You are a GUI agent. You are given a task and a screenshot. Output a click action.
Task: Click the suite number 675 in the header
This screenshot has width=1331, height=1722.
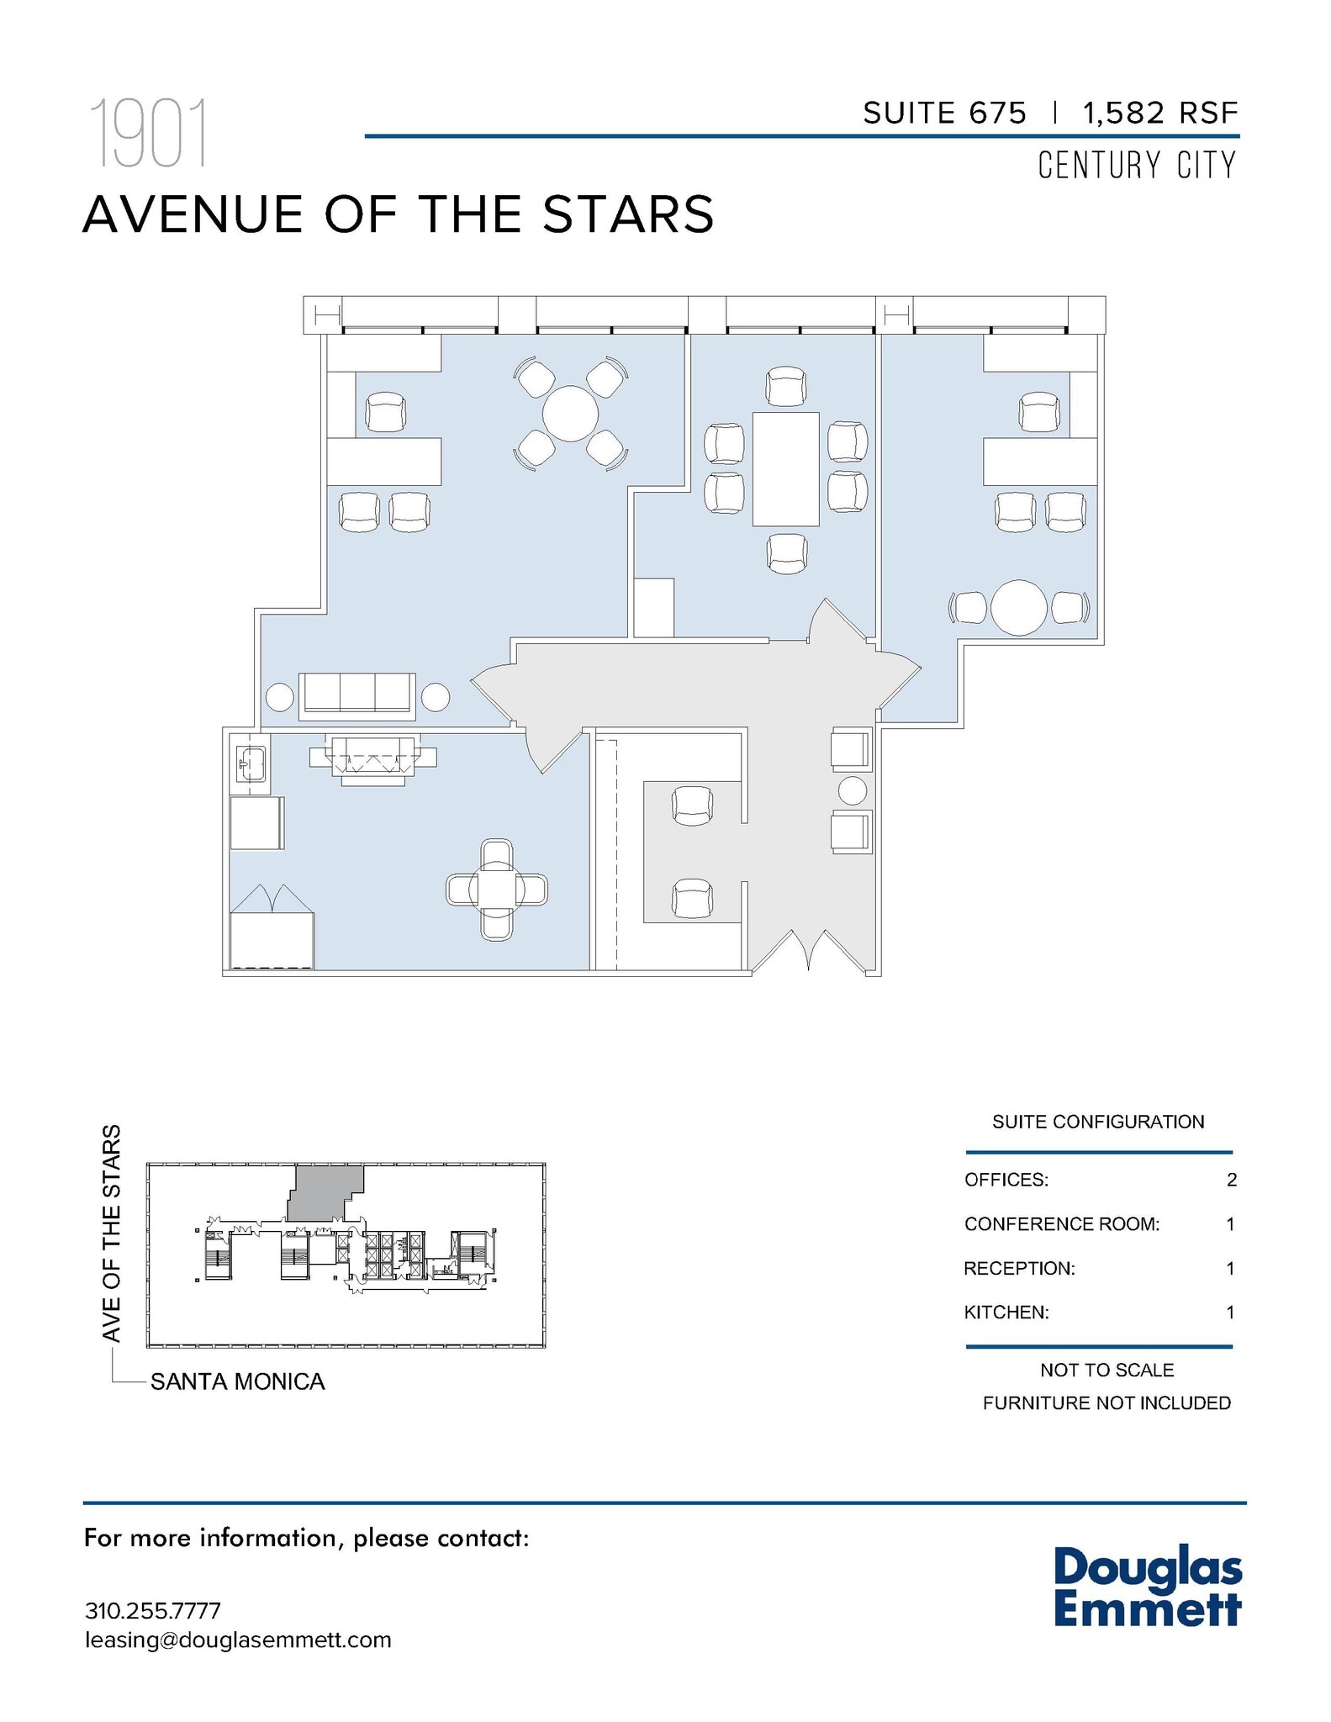tap(997, 113)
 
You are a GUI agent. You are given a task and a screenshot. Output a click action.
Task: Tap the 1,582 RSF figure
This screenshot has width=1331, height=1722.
tap(1160, 113)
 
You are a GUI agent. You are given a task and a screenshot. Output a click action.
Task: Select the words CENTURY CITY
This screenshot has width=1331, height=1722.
tap(1137, 165)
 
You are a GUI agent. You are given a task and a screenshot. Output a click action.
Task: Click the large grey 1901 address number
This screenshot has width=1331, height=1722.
tap(148, 135)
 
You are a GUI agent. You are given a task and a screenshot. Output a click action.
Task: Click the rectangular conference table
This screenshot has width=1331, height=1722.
tap(785, 469)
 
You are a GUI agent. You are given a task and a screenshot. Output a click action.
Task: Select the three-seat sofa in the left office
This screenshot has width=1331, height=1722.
tap(357, 695)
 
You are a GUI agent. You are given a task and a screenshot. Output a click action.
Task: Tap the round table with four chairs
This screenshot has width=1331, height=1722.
tap(570, 413)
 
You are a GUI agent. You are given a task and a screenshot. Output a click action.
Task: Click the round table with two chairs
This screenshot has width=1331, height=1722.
tap(1018, 607)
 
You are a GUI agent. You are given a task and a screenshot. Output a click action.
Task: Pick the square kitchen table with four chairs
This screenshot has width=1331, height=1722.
tap(496, 890)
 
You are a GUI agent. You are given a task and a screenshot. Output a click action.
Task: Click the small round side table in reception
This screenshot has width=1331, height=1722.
tap(852, 790)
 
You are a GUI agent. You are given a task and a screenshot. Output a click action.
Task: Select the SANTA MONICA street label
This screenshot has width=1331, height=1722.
tap(238, 1381)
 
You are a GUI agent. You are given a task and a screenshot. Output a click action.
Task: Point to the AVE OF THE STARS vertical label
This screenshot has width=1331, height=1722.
tap(112, 1233)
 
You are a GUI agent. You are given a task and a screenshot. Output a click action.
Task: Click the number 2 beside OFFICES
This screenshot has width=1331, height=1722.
tap(1231, 1180)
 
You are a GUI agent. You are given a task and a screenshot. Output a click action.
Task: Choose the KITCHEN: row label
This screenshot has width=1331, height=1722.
tap(1006, 1312)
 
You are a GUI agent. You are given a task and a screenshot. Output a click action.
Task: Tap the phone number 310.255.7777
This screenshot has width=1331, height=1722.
tap(153, 1611)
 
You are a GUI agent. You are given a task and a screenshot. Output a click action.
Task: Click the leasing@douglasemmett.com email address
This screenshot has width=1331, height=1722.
tap(238, 1640)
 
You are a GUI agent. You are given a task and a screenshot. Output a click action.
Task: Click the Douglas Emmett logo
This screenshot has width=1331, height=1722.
tap(1148, 1586)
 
